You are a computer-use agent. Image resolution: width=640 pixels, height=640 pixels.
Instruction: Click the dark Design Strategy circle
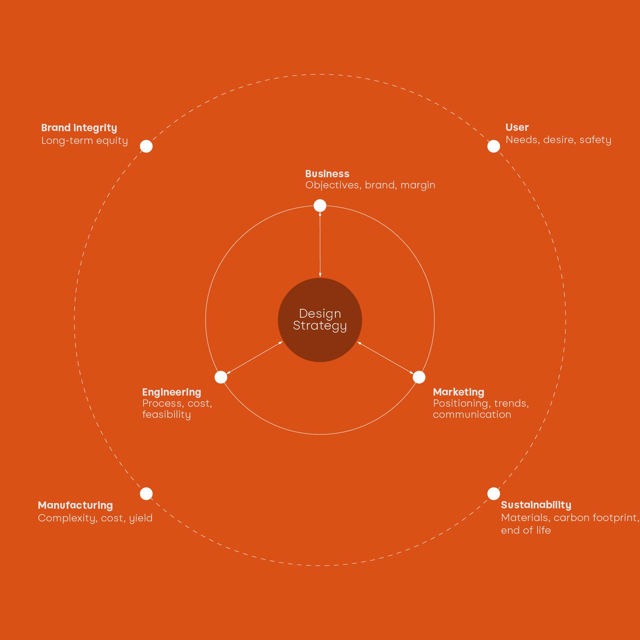tap(320, 320)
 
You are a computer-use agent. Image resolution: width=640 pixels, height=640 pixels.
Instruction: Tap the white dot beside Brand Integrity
tap(146, 146)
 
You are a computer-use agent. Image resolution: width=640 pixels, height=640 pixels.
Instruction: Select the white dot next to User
tap(493, 146)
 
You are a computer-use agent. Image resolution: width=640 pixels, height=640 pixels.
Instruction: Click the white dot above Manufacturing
tap(146, 493)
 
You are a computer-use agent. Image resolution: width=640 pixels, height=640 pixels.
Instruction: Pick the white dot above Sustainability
tap(493, 493)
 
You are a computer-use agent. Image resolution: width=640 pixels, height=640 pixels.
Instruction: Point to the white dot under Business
tap(320, 206)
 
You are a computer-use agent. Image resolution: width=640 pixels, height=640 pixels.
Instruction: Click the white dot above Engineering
tap(221, 377)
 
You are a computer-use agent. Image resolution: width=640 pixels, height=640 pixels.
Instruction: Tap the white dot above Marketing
tap(419, 377)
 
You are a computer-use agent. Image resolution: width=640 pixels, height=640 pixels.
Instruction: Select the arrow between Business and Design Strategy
tap(320, 244)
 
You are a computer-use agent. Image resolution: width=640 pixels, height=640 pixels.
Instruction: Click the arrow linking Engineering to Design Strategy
tap(254, 358)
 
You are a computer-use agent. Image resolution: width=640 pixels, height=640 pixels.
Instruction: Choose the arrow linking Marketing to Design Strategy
tap(386, 358)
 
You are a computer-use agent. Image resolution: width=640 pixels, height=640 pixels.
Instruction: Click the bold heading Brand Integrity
tap(79, 128)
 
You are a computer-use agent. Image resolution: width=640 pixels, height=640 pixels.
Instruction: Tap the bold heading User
tap(517, 127)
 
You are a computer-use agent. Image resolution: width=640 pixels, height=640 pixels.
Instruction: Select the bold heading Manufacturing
tap(75, 505)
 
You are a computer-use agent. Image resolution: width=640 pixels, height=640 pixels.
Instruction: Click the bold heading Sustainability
tap(536, 505)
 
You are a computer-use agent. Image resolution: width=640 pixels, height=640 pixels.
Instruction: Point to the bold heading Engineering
tap(172, 392)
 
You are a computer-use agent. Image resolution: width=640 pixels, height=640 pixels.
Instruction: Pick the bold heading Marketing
tap(459, 392)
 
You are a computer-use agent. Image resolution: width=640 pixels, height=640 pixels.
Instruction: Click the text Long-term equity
tap(84, 140)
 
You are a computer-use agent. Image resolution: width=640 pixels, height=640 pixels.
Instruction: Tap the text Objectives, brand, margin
tap(370, 185)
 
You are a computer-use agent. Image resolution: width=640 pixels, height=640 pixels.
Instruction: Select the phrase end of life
tap(526, 530)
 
